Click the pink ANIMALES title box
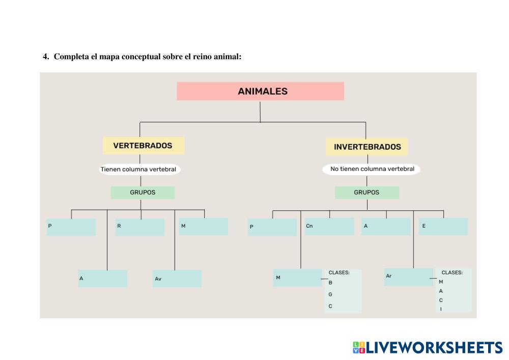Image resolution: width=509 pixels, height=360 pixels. coord(260,91)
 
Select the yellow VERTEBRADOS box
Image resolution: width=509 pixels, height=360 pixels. coord(143,146)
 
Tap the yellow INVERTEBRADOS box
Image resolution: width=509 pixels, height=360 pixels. coord(367,147)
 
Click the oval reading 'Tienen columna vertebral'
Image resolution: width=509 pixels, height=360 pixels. coord(138,169)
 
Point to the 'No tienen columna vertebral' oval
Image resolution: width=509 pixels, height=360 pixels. coord(372,169)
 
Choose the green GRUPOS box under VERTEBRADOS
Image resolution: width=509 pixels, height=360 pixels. coord(143,192)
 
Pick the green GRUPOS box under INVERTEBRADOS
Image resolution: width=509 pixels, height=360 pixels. coord(366,192)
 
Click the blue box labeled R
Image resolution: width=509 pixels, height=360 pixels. coord(140,227)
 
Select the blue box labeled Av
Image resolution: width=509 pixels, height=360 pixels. coord(177,279)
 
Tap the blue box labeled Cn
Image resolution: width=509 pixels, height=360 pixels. coord(329,226)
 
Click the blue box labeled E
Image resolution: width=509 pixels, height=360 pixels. coord(443,226)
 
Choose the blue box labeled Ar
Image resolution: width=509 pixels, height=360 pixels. coord(408,276)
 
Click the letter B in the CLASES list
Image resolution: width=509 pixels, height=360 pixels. coord(330,283)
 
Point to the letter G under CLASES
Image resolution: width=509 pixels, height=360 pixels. coord(330,294)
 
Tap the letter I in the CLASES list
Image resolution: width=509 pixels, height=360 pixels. coord(441,309)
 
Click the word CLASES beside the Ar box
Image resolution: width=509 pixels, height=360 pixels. coord(452,272)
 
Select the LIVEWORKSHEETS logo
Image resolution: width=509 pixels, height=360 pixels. coord(427,347)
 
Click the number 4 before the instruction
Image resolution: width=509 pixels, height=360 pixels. coord(45,57)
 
